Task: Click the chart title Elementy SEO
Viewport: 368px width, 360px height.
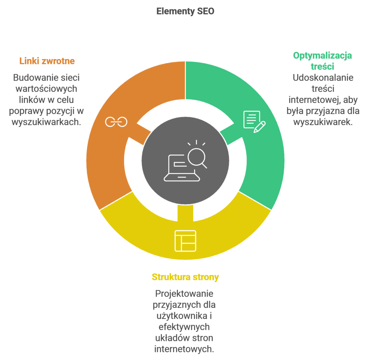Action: [x=185, y=11]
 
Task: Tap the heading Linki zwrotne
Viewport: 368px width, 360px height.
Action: [x=47, y=61]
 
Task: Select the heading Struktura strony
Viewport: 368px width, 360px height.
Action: [x=185, y=277]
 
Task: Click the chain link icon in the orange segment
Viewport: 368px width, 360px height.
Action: [x=116, y=122]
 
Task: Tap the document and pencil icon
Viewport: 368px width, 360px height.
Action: [x=254, y=122]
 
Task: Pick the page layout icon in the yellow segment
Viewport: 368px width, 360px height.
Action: [x=185, y=241]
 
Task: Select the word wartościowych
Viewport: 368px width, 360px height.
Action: [x=46, y=89]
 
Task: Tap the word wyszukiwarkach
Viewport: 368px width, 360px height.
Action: [x=46, y=122]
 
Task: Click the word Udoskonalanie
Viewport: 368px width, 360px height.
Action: [x=323, y=78]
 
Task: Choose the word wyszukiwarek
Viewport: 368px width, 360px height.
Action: [x=323, y=122]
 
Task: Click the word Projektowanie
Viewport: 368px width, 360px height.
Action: [x=184, y=294]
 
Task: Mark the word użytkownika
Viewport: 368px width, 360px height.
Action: [x=182, y=316]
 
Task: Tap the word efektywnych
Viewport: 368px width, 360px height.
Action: [x=184, y=327]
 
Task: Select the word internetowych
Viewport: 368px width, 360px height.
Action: [x=184, y=349]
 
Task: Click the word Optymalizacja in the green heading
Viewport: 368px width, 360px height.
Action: [x=322, y=56]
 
